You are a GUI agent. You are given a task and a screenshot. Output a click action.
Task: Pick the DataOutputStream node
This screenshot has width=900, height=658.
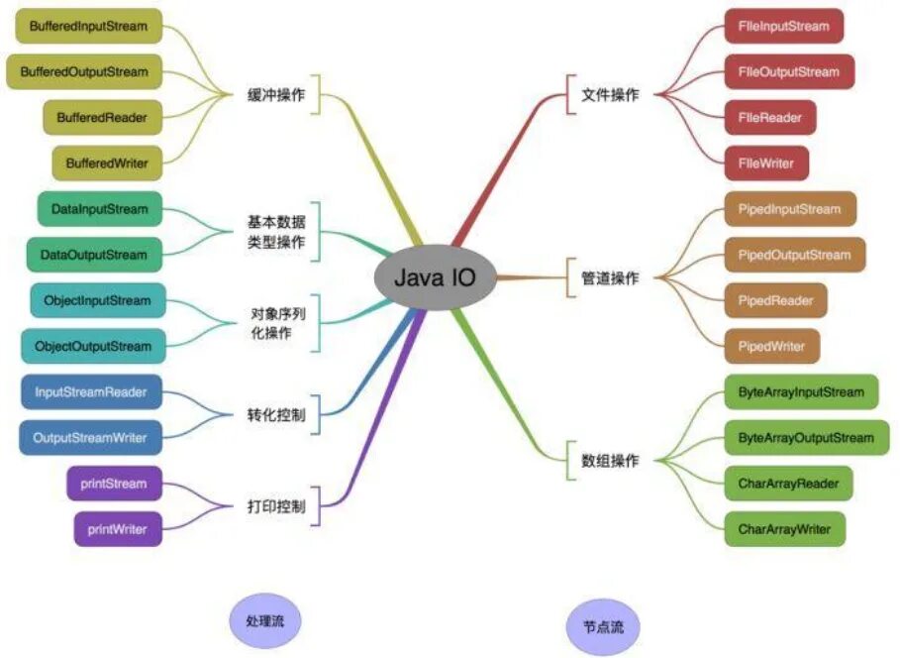point(93,255)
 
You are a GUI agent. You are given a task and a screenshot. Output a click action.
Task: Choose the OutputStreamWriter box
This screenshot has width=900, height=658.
point(89,437)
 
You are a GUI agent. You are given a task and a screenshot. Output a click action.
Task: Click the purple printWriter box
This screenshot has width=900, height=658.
point(117,529)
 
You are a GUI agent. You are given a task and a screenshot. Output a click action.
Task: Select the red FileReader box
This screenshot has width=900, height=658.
point(769,117)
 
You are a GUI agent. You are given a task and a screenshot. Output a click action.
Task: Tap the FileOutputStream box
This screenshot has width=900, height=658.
point(788,71)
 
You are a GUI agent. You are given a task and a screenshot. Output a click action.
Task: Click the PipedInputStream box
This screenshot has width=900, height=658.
point(789,209)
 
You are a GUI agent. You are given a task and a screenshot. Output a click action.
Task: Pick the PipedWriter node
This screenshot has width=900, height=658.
point(771,346)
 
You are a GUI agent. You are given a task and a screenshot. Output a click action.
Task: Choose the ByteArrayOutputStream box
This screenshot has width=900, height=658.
point(806,437)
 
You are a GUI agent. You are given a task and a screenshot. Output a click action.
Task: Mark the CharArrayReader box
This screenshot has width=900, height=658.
point(788,484)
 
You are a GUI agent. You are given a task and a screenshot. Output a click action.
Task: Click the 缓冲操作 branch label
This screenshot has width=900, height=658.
point(276,95)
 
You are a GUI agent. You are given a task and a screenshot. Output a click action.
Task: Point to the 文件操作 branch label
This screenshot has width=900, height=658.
point(610,95)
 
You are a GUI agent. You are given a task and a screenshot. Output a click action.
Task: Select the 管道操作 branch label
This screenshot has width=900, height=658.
point(610,277)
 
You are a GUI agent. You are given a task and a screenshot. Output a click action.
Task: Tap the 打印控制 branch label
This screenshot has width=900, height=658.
point(276,506)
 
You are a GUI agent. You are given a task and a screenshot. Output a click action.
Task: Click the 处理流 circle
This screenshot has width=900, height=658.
point(263,620)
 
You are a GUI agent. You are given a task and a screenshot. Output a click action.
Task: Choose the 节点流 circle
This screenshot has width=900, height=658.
point(604,627)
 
